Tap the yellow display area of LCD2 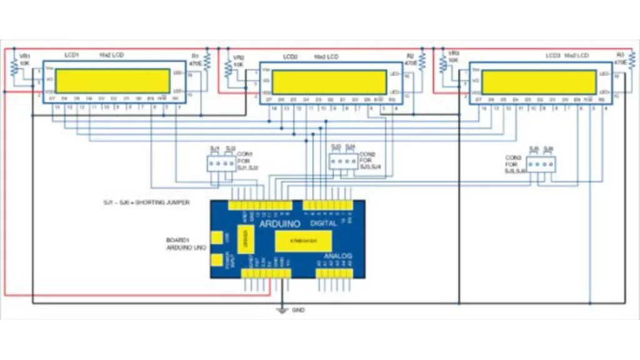coord(330,82)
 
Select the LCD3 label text coord(553,56)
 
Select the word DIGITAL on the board coord(323,223)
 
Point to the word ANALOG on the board coord(337,256)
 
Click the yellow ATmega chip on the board coord(303,240)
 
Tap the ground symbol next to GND coord(282,309)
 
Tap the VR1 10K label coord(24,59)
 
